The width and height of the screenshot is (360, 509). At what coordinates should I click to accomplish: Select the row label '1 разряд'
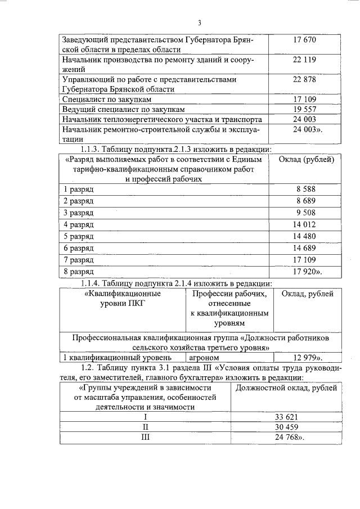pyautogui.click(x=78, y=190)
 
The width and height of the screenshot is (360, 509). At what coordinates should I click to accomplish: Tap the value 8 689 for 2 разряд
pyautogui.click(x=306, y=201)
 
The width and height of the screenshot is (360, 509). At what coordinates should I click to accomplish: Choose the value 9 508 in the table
pyautogui.click(x=306, y=213)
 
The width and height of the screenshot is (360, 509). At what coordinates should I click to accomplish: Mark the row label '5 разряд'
pyautogui.click(x=78, y=236)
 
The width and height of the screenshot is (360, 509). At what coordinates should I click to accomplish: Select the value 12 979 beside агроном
pyautogui.click(x=307, y=357)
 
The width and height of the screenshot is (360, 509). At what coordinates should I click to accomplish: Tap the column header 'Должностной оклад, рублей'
pyautogui.click(x=286, y=388)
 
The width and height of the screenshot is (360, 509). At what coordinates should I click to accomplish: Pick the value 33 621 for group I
pyautogui.click(x=286, y=417)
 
